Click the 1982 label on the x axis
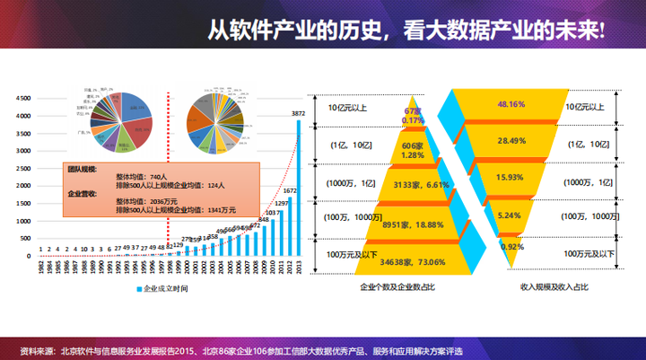[x=40, y=268]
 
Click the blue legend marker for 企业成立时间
[x=139, y=289]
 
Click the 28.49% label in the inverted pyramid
[x=511, y=141]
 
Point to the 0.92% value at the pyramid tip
[x=511, y=246]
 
